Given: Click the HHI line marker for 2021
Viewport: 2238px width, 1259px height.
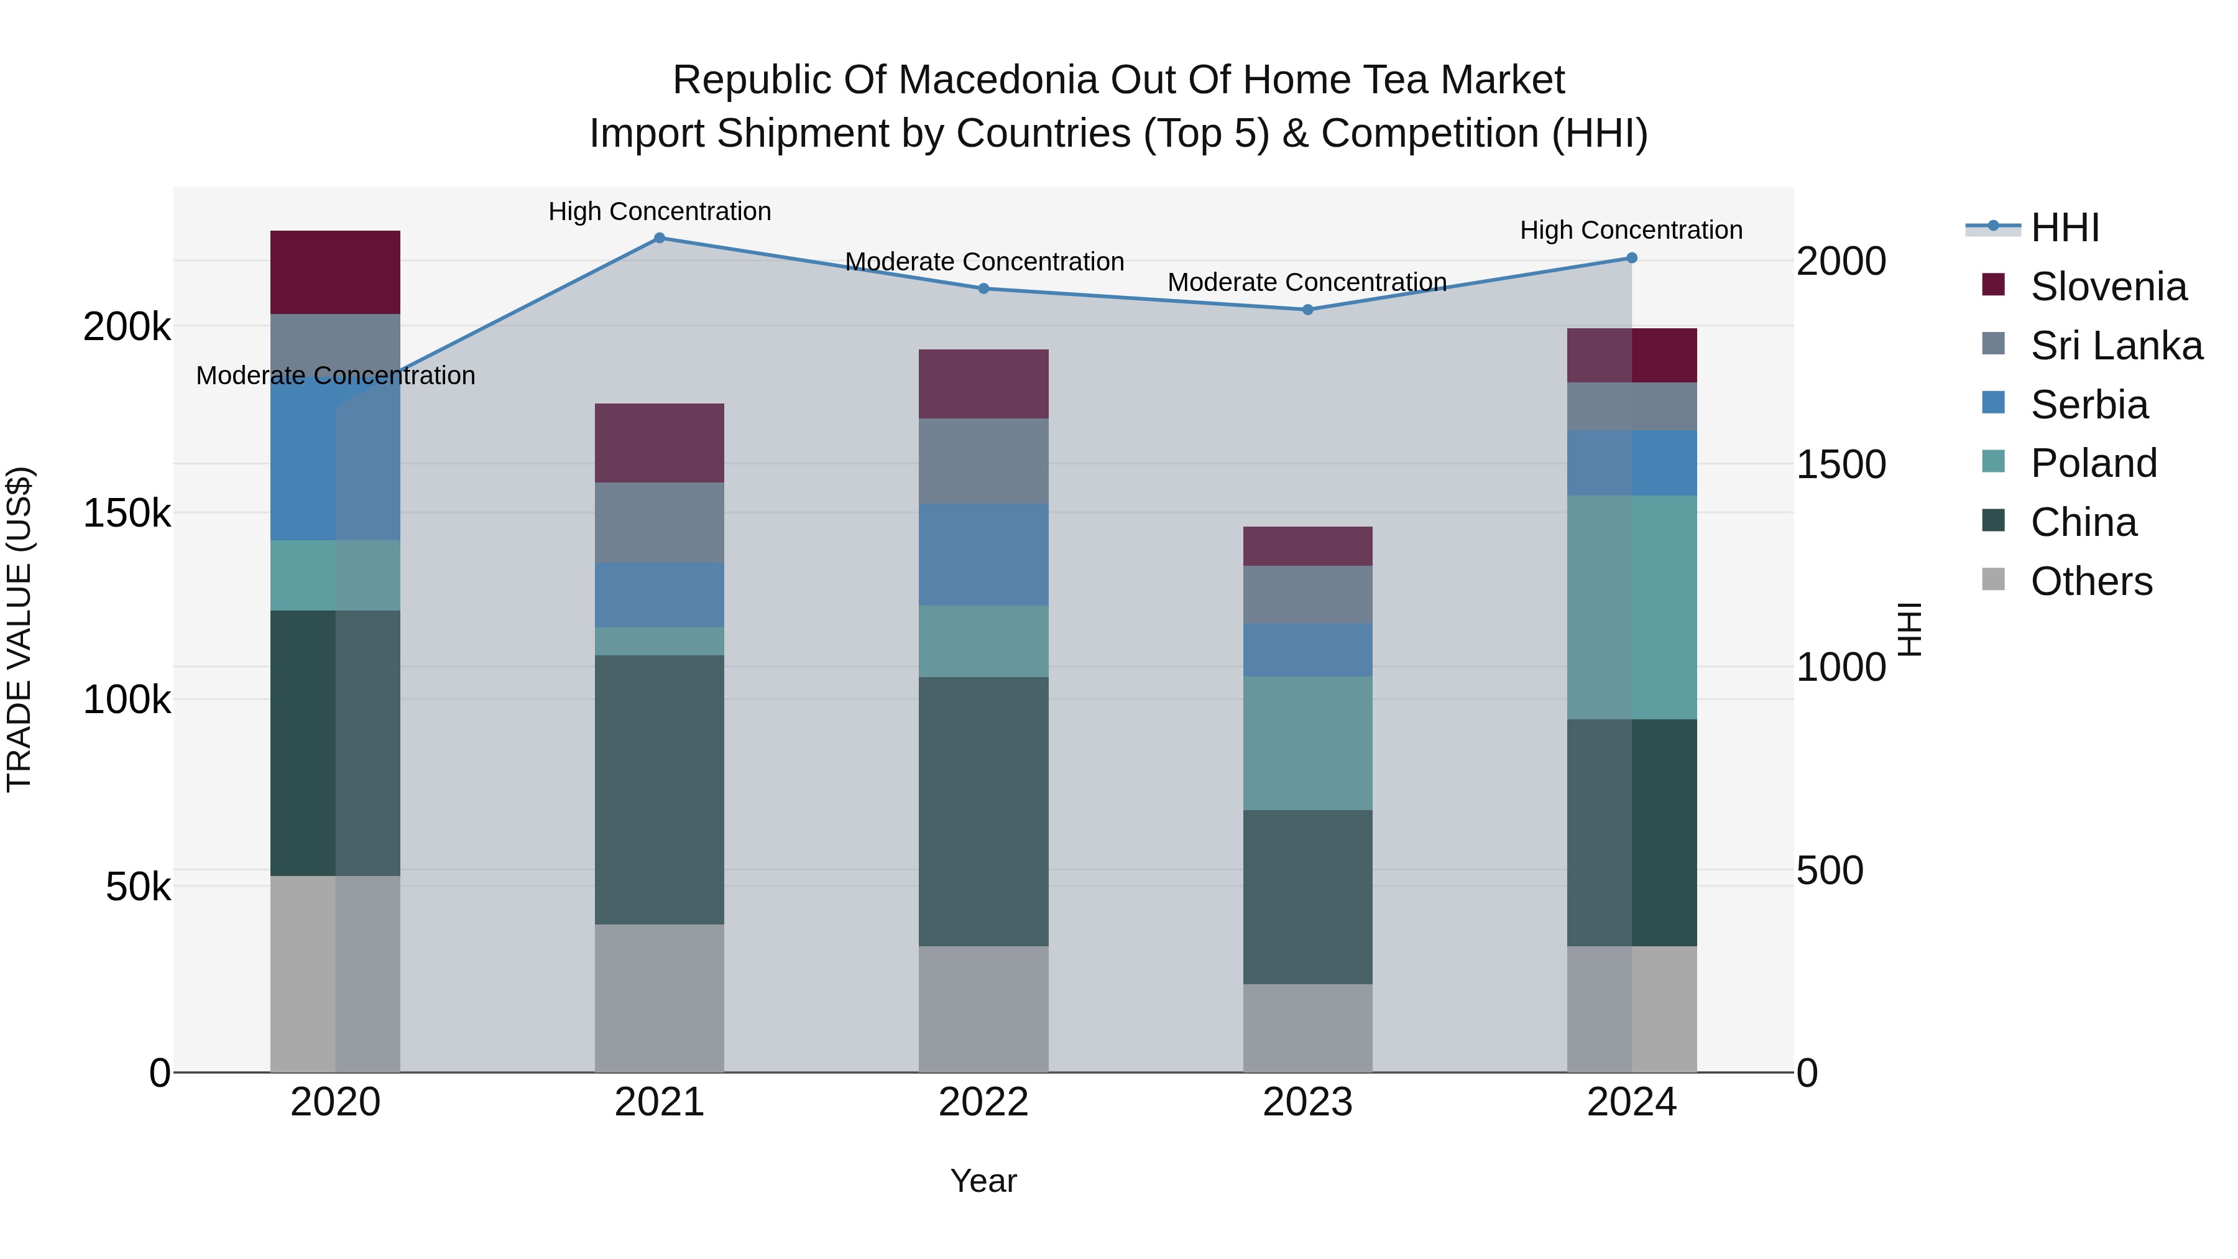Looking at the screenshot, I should [660, 238].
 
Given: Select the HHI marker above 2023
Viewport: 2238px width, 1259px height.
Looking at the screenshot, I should [1307, 310].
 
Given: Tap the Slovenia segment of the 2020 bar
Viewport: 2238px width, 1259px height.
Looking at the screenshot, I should [335, 272].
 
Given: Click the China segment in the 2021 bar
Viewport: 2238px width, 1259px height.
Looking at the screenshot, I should [660, 789].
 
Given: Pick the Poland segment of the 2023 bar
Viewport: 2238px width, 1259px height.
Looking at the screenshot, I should [1307, 743].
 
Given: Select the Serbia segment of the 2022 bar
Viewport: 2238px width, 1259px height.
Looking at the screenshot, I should [983, 555].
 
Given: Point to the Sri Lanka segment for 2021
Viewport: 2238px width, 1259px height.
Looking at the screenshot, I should [660, 522].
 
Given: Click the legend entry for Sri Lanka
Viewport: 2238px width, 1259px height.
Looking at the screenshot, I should [2116, 346].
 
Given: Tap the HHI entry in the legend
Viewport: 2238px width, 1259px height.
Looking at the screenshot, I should [2064, 228].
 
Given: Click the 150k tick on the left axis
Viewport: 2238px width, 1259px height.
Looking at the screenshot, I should [127, 514].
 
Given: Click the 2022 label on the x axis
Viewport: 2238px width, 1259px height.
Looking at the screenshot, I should [983, 1102].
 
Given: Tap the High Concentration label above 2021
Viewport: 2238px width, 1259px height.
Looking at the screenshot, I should [660, 211].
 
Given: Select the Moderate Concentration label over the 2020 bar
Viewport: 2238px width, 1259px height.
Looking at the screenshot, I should [335, 376].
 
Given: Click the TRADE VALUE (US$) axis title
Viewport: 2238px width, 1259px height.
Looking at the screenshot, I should [19, 629].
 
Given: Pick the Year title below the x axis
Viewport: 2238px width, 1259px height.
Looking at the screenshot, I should [983, 1181].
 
